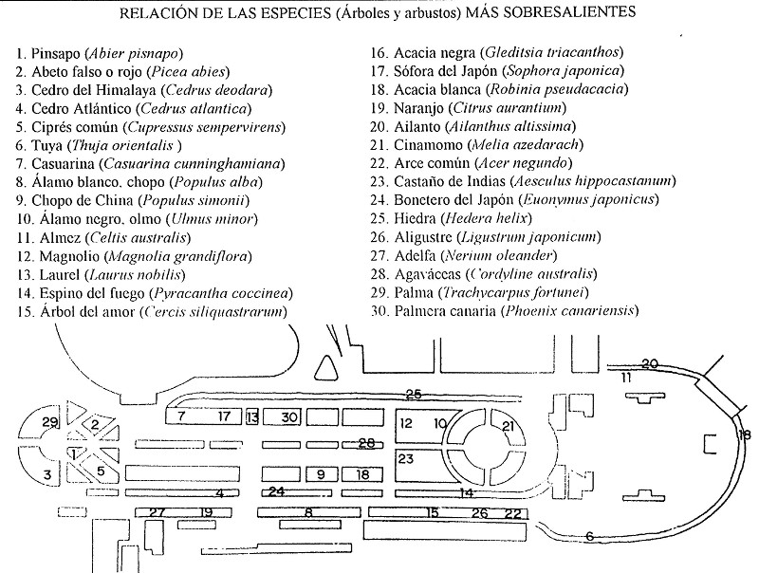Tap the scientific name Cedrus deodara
click(x=217, y=90)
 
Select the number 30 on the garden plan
click(x=289, y=416)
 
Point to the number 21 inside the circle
click(x=509, y=426)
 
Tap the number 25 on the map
click(x=413, y=394)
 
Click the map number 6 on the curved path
click(x=589, y=537)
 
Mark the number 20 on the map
click(x=649, y=363)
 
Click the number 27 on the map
click(x=157, y=513)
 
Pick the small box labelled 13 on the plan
click(x=251, y=416)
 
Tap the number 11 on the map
click(x=626, y=379)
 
